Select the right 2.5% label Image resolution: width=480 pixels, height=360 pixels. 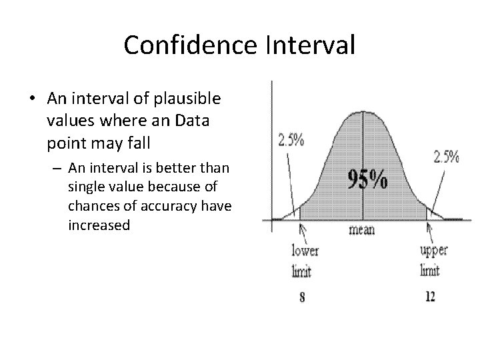(446, 157)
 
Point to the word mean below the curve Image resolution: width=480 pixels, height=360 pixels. (361, 230)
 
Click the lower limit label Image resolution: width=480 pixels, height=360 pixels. (305, 261)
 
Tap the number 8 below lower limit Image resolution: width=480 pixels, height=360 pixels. (303, 298)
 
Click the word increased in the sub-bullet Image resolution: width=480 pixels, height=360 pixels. (99, 225)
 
